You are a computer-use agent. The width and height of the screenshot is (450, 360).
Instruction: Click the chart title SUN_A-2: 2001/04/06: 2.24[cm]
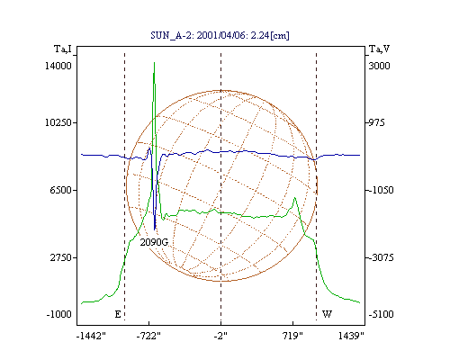pyautogui.click(x=220, y=35)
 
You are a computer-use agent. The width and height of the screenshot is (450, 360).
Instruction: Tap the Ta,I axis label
pyautogui.click(x=63, y=49)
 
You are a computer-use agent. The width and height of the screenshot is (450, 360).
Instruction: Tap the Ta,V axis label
pyautogui.click(x=379, y=49)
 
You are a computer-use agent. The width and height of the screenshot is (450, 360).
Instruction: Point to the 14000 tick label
pyautogui.click(x=58, y=66)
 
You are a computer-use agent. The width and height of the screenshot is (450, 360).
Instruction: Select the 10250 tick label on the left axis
pyautogui.click(x=58, y=122)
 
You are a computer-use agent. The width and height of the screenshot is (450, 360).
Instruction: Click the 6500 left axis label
pyautogui.click(x=60, y=190)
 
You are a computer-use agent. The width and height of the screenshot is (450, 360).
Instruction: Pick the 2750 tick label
pyautogui.click(x=60, y=257)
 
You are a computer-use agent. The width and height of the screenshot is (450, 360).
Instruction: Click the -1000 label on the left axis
pyautogui.click(x=58, y=314)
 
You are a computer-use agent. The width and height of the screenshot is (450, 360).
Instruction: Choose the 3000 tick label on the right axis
pyautogui.click(x=379, y=66)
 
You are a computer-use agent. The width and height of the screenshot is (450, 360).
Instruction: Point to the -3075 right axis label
pyautogui.click(x=381, y=257)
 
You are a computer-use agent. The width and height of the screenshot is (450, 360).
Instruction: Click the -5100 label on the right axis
pyautogui.click(x=381, y=314)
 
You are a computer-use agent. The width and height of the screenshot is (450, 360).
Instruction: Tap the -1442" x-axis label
pyautogui.click(x=91, y=336)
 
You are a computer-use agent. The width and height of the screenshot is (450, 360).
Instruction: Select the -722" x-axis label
pyautogui.click(x=148, y=336)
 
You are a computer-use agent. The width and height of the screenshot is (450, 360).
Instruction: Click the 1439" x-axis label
pyautogui.click(x=351, y=336)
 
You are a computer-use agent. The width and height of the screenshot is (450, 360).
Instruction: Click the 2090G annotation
pyautogui.click(x=154, y=242)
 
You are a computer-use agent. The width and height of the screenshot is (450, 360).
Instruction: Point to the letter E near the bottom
pyautogui.click(x=118, y=314)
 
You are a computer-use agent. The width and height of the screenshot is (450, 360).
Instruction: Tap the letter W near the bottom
pyautogui.click(x=327, y=314)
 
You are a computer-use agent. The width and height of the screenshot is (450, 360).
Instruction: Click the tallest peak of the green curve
pyautogui.click(x=154, y=62)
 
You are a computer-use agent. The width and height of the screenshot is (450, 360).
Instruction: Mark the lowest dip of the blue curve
pyautogui.click(x=155, y=229)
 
